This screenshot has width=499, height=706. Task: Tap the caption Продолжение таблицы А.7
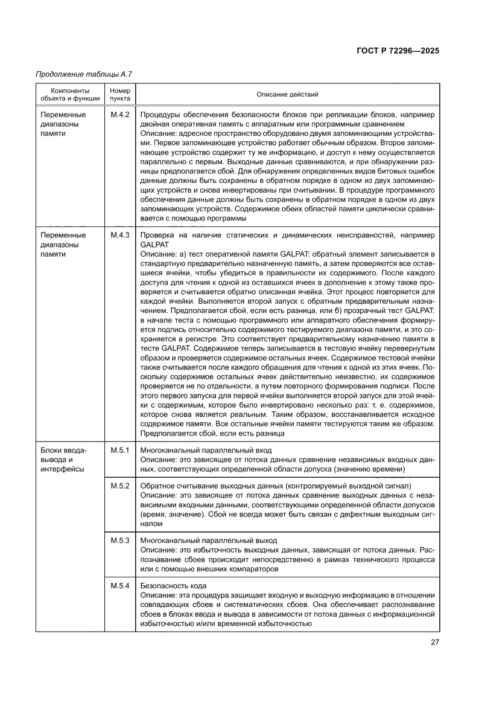coord(84,74)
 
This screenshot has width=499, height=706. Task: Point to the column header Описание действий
coord(287,94)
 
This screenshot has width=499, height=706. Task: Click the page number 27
coord(434,642)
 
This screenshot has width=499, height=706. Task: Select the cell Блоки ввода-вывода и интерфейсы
coord(63,460)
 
